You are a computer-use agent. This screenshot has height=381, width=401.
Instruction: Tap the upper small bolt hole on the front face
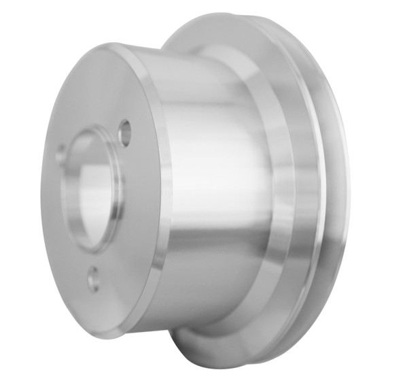pos(124,132)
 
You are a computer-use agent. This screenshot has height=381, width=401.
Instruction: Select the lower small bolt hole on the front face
pos(93,278)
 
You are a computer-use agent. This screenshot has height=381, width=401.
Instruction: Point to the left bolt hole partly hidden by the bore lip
pos(60,154)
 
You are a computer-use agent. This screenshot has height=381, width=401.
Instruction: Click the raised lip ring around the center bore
pos(116,204)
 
